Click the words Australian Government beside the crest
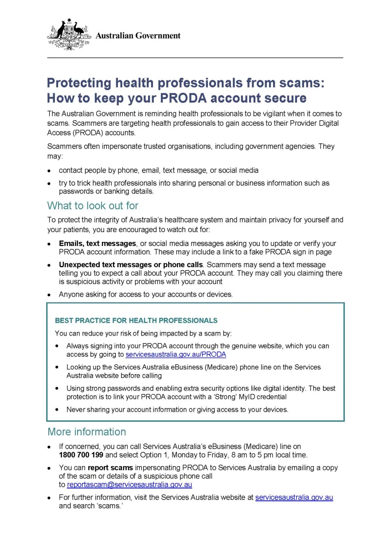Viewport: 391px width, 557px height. (x=138, y=36)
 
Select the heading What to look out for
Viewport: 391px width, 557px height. (x=93, y=206)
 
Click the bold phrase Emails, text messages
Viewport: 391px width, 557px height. (x=98, y=243)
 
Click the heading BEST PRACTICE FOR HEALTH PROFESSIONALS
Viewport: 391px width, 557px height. (x=136, y=320)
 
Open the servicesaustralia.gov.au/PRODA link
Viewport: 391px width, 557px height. (x=176, y=355)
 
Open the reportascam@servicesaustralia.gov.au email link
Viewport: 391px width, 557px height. (x=129, y=485)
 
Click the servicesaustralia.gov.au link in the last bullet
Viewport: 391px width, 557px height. (x=294, y=498)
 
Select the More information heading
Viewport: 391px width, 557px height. (x=86, y=432)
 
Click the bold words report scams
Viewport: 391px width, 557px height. (x=110, y=468)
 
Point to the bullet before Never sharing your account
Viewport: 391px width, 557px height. (x=57, y=410)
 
